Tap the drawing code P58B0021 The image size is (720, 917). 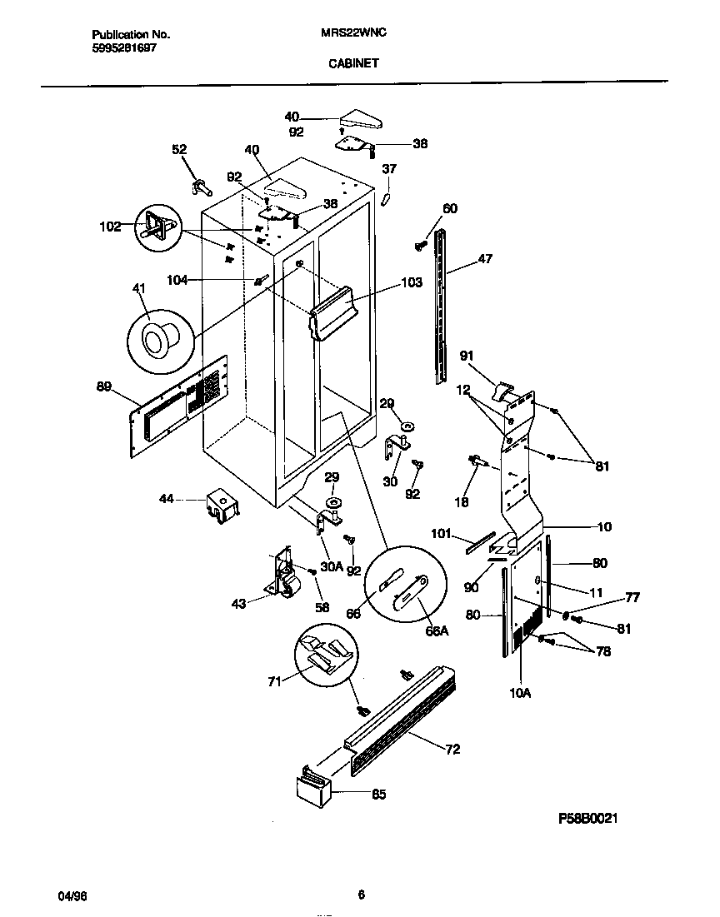click(587, 819)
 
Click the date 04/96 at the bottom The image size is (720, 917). click(72, 895)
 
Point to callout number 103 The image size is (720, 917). click(412, 283)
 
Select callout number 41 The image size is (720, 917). click(138, 288)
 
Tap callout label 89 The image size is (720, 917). click(104, 386)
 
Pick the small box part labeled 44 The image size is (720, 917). click(222, 506)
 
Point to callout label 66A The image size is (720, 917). click(437, 630)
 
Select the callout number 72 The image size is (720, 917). click(452, 750)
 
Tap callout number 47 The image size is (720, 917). click(484, 259)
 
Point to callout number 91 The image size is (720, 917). click(467, 356)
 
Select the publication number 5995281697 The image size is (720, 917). click(122, 47)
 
